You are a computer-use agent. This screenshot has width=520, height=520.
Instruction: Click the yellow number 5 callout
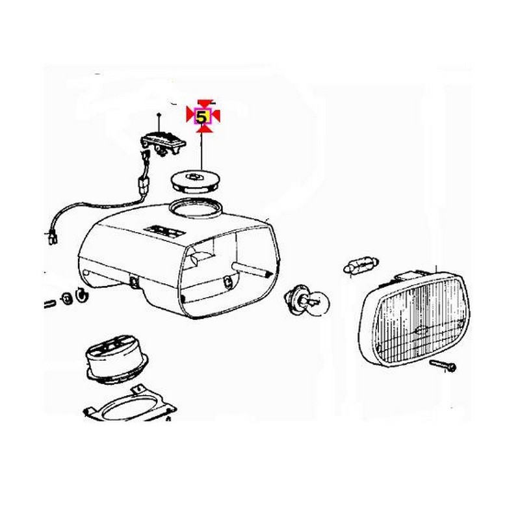[201, 116]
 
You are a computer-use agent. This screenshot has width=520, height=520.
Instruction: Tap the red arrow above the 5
[204, 103]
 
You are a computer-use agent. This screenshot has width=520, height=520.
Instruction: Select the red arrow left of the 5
[190, 115]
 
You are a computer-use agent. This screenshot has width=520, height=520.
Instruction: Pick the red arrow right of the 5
[214, 116]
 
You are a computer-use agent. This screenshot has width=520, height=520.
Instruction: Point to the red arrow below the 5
[203, 128]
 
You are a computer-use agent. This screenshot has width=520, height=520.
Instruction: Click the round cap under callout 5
[196, 183]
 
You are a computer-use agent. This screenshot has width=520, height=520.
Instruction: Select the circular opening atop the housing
[194, 208]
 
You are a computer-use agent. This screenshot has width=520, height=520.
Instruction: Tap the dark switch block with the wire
[163, 142]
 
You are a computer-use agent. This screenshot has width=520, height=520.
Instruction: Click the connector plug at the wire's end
[53, 237]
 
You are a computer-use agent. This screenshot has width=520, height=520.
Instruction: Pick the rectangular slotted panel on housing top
[164, 232]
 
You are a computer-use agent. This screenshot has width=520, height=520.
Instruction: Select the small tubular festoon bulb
[361, 266]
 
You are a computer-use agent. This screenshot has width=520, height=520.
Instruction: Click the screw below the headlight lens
[443, 365]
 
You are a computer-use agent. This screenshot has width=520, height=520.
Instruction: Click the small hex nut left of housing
[67, 298]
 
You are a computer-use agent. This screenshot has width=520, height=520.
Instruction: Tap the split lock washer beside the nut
[81, 294]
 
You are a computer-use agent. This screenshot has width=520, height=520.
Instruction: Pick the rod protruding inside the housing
[252, 269]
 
